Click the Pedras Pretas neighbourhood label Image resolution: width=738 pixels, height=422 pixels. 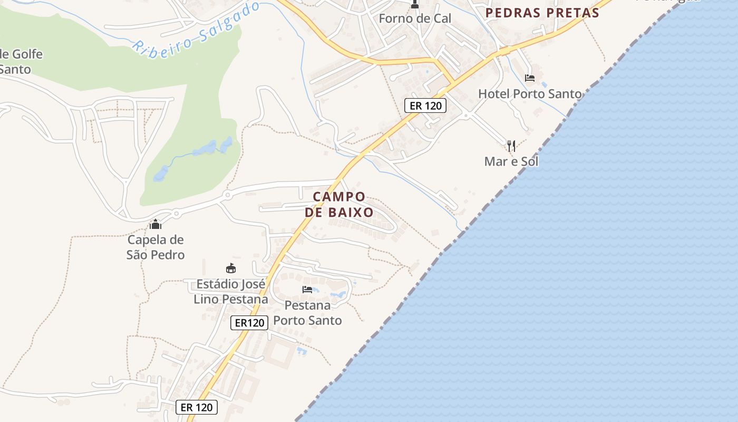click(x=542, y=13)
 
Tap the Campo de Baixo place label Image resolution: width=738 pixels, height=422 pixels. click(x=339, y=204)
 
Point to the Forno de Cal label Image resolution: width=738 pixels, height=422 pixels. click(x=415, y=18)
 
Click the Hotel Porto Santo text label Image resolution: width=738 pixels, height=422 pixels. click(x=529, y=94)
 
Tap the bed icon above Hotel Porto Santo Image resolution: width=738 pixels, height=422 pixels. click(x=530, y=78)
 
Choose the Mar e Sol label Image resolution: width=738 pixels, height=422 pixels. click(x=511, y=161)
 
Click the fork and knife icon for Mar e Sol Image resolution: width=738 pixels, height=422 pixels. click(x=511, y=146)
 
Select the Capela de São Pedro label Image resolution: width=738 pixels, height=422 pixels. click(x=156, y=247)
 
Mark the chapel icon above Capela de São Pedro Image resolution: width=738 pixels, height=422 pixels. click(x=155, y=224)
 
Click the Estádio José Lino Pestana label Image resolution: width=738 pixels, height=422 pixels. click(x=231, y=292)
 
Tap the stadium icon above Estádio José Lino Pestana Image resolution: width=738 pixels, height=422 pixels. click(x=230, y=268)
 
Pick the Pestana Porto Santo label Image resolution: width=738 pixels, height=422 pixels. click(x=307, y=313)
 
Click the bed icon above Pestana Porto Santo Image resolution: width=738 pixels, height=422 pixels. click(x=307, y=290)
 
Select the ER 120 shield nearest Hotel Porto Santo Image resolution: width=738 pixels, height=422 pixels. click(x=425, y=105)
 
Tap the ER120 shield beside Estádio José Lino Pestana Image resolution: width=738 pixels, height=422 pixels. click(x=249, y=323)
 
